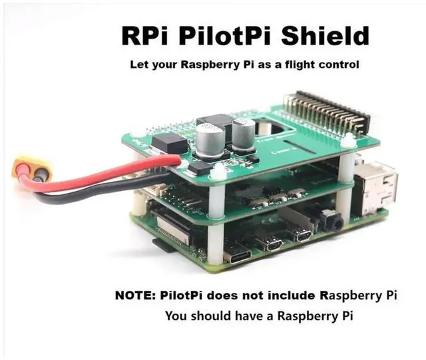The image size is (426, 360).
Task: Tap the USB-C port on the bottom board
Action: click(238, 253)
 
